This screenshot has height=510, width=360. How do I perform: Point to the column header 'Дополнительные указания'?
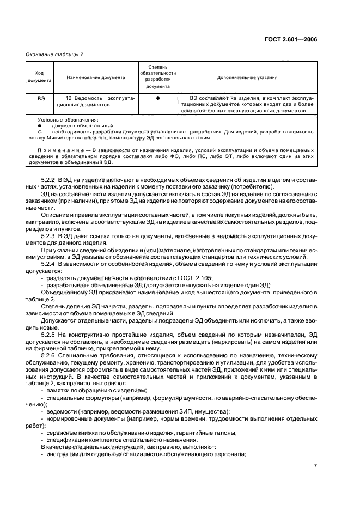[248, 77]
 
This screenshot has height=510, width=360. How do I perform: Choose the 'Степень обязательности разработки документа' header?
[158, 77]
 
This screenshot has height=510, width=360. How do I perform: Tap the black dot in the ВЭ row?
[158, 99]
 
